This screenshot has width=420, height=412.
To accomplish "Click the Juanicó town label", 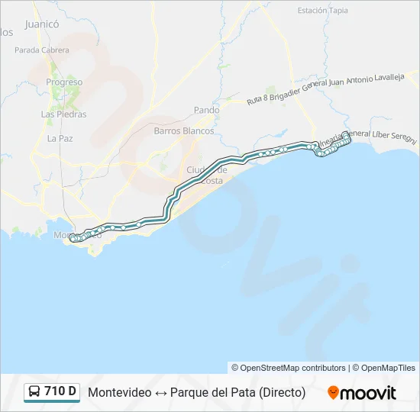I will coord(42,24).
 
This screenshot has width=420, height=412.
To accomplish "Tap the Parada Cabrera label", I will coord(41,50).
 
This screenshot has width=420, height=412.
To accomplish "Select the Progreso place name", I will coord(64,82).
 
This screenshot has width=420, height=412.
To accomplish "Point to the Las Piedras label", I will coord(63,114).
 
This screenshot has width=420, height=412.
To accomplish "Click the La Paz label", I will coord(60,138).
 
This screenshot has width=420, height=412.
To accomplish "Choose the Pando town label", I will coord(206,110).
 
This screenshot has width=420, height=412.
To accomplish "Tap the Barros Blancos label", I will coord(184,130).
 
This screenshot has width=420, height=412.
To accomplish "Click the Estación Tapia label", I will coord(322,11).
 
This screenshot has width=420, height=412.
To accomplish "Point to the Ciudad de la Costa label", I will coord(207,173).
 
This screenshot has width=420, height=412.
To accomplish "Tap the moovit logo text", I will coord(369,393).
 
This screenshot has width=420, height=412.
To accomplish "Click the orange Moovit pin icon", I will coord(333,393).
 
